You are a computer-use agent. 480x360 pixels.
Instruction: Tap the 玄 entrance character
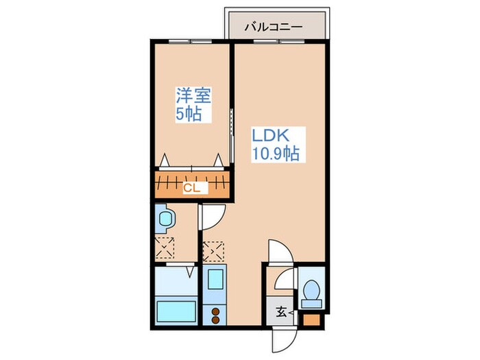(281, 313)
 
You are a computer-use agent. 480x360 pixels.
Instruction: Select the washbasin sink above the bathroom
(165, 219)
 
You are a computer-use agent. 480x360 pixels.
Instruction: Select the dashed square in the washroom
(165, 247)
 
